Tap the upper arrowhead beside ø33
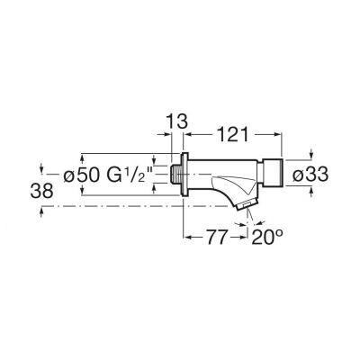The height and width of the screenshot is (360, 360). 311,155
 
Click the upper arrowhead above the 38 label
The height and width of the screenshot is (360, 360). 42,167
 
